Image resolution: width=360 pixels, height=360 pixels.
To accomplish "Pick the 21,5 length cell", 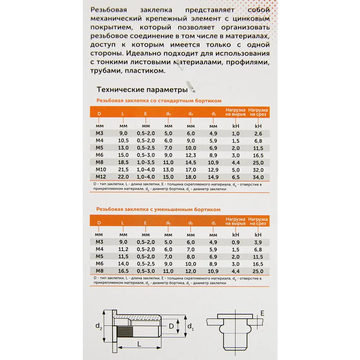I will (x=123, y=169).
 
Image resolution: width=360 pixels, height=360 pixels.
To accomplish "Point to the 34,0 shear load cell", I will (x=258, y=177).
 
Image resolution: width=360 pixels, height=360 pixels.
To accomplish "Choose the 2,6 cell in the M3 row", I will (x=258, y=134).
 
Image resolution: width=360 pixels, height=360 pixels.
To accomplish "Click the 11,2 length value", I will (x=123, y=249).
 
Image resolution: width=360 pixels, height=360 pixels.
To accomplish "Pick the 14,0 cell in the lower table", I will (x=123, y=263).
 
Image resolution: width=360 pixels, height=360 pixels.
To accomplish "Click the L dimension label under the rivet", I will (x=139, y=344).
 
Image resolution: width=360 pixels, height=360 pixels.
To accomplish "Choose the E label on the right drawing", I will (x=262, y=313).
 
